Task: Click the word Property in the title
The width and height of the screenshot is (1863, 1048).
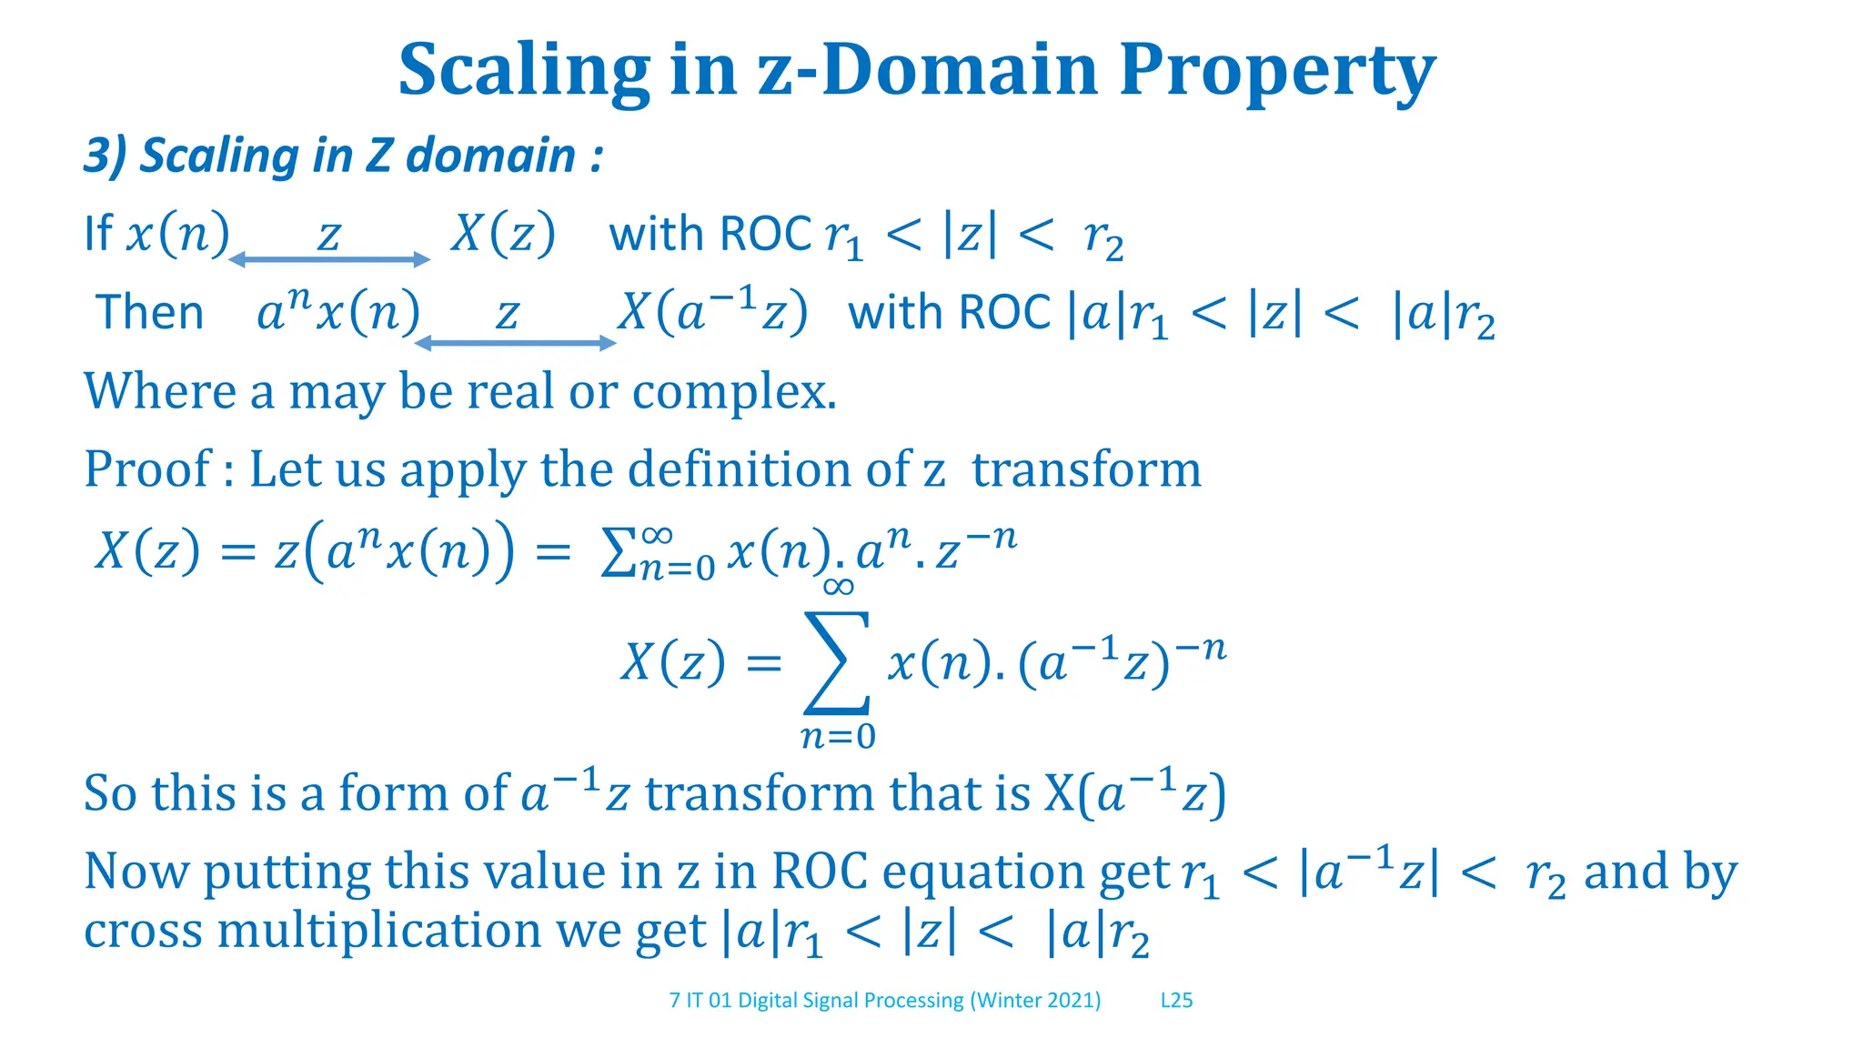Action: (1276, 71)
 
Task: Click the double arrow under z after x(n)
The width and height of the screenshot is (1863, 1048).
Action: (329, 260)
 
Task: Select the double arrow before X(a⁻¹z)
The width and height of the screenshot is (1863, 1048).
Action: (516, 343)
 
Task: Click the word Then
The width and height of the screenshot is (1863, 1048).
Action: (150, 313)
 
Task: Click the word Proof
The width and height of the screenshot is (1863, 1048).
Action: (147, 470)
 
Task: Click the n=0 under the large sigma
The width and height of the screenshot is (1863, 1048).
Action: (838, 736)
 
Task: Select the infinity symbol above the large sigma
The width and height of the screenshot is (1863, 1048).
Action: (838, 587)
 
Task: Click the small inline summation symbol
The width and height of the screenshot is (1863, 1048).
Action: (619, 553)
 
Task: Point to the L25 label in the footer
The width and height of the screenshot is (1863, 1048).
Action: (1176, 1001)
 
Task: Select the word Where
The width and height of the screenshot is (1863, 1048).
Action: (160, 392)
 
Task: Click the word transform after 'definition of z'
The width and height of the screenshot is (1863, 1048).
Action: (1086, 470)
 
